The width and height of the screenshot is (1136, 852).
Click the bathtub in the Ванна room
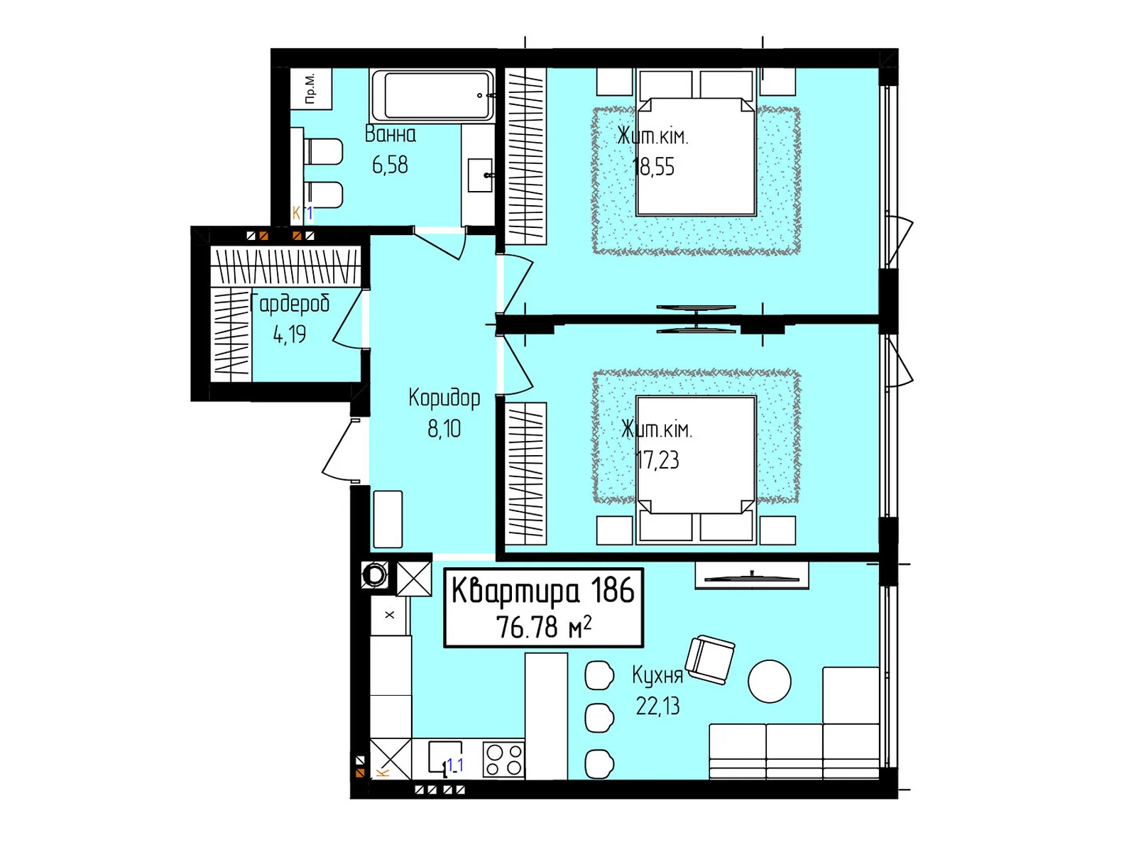[432, 96]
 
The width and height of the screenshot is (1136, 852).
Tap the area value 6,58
[390, 165]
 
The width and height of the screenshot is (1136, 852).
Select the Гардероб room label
[290, 304]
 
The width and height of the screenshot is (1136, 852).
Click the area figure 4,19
[290, 334]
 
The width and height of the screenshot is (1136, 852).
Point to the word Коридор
[444, 398]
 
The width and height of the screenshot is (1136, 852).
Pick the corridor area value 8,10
[444, 429]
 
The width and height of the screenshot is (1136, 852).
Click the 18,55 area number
[654, 167]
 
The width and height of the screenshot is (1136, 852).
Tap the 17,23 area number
[657, 460]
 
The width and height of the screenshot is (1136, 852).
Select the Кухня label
[657, 676]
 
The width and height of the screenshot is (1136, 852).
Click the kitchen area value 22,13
[657, 706]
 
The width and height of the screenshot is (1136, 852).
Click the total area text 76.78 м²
[543, 627]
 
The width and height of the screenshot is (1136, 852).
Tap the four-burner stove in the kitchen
[503, 760]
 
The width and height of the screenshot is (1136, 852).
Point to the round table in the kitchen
[770, 682]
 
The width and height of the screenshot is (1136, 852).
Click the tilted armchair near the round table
[710, 660]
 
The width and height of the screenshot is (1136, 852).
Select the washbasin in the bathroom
[480, 175]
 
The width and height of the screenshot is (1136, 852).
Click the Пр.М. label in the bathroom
[310, 89]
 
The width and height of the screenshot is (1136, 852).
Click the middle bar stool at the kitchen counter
[599, 718]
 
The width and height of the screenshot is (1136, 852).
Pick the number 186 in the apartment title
[612, 590]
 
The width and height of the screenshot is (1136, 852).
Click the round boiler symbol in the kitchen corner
[374, 575]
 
